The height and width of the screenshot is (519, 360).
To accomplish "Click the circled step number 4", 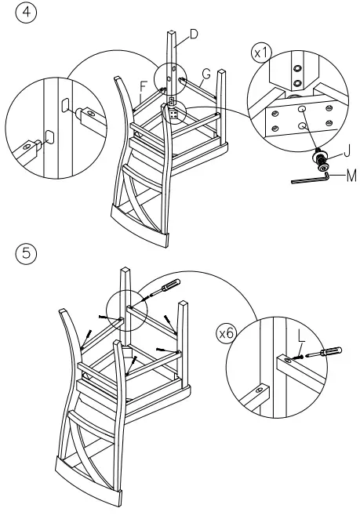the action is pos(26,13).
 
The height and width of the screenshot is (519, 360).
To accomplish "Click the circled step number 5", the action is pos(26,253).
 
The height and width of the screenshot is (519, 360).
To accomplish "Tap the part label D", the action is pos(194,34).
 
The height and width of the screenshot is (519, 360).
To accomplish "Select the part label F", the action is pos(143,87).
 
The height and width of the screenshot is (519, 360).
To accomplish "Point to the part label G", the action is pos(206,74).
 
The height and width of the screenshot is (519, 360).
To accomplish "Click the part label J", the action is pos(347,151).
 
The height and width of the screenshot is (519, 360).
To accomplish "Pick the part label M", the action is pos(351,176).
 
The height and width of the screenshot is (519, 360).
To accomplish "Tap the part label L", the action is pos(301,336).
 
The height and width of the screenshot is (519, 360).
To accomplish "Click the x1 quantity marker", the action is pos(261,53).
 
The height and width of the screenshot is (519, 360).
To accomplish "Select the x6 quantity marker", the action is pos(227,333).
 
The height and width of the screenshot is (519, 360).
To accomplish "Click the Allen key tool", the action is pos(311,179).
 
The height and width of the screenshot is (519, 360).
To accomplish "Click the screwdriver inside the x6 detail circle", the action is pos(323,352).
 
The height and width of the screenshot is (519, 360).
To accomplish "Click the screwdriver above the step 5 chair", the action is pos(165,288).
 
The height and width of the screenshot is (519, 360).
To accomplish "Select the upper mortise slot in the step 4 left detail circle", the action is pos(65,103).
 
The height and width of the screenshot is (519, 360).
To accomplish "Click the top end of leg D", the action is pos(172,32).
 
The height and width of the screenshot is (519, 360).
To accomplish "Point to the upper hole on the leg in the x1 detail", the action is pos(297,68).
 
